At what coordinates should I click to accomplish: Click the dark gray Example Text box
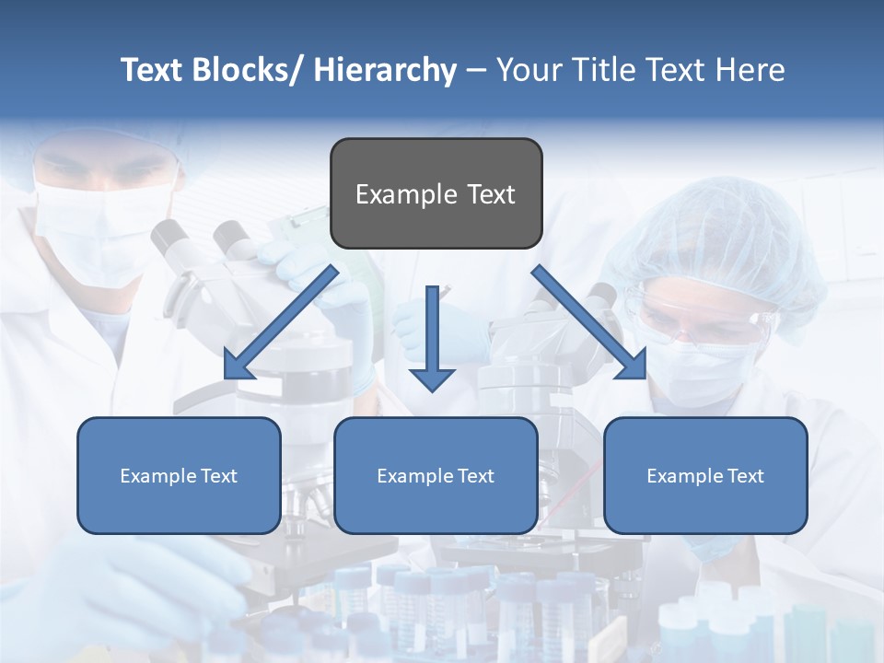436,193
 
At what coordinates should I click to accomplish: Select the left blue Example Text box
179,475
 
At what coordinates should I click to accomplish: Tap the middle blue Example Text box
436,475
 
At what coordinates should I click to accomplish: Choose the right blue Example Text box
705,475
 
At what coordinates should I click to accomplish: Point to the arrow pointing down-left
281,322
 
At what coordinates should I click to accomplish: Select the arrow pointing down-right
589,322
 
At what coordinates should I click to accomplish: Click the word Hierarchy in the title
385,70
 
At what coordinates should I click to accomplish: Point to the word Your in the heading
529,70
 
